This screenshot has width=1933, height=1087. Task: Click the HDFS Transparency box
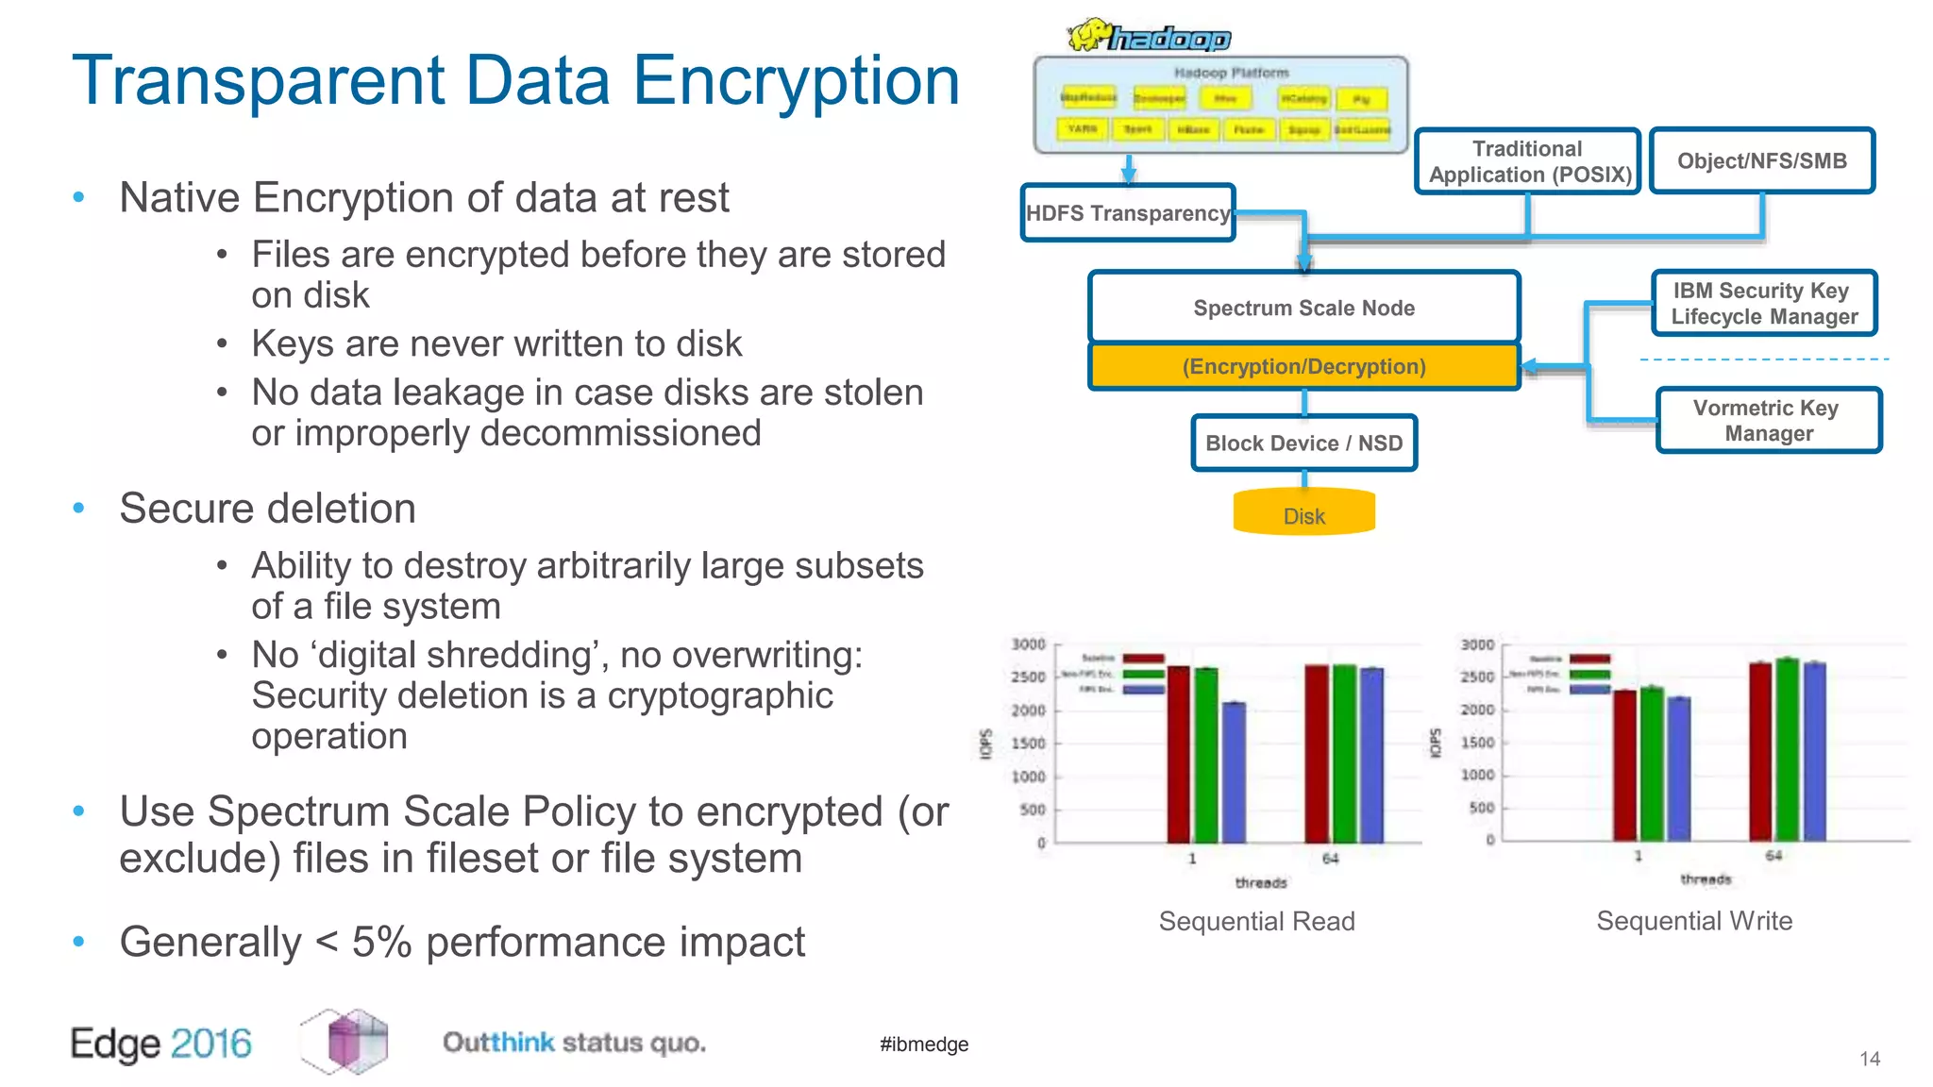(1128, 213)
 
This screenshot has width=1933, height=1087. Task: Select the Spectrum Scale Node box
(1303, 308)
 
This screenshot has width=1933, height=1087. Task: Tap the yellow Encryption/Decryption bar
(1303, 366)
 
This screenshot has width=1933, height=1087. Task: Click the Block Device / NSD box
(1303, 443)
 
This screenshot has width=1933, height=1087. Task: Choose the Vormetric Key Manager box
(1768, 421)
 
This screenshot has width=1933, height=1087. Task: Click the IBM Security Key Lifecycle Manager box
(1764, 303)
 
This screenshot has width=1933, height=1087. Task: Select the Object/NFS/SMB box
(1761, 160)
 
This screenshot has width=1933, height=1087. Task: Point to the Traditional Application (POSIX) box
(1528, 161)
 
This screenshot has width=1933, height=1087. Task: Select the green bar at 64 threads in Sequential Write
(1787, 749)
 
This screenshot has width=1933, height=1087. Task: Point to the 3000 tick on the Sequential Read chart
(1028, 644)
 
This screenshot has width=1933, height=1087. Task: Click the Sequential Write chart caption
(1693, 921)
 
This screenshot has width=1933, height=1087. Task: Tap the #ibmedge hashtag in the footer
(924, 1044)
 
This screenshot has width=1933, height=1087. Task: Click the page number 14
(1869, 1059)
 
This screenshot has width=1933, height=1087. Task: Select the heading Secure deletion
(267, 509)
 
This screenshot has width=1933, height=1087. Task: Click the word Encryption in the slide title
(796, 81)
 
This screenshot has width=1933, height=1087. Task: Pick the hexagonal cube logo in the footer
(345, 1042)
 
